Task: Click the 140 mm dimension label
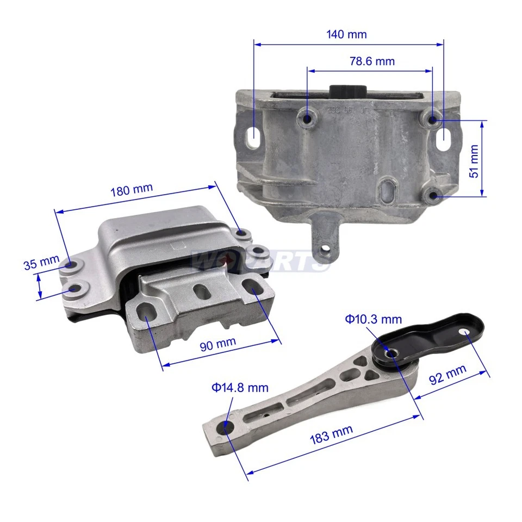(346, 34)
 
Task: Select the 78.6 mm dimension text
(372, 61)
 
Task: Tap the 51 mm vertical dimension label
(474, 161)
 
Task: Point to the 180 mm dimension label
(132, 191)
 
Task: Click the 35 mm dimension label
(41, 264)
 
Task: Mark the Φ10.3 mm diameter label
(372, 319)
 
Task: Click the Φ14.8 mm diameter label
(240, 388)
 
